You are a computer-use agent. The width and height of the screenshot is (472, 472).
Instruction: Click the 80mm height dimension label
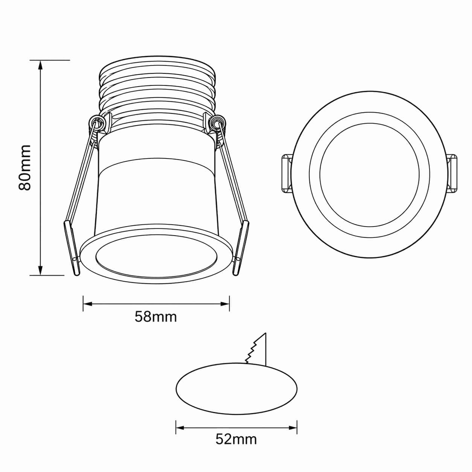[x=25, y=167]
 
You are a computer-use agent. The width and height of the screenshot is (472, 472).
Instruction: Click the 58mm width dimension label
[x=156, y=317]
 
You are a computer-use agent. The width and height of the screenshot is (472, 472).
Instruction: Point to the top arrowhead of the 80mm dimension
[x=40, y=65]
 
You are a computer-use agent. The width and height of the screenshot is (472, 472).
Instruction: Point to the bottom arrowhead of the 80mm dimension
[x=40, y=269]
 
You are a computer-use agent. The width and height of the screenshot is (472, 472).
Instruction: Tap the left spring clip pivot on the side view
[x=98, y=122]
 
